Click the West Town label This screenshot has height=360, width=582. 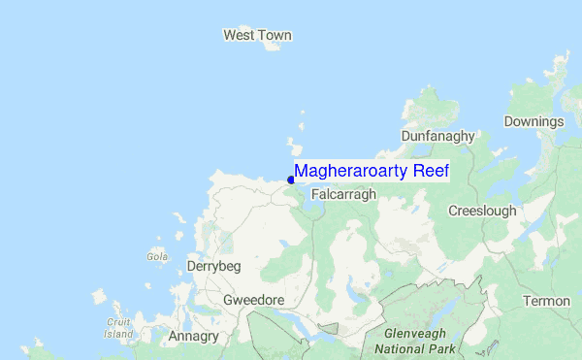pos(257,36)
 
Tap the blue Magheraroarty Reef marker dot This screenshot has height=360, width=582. pos(291,179)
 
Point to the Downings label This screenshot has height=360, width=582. pos(533,121)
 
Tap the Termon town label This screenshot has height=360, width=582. pos(546,301)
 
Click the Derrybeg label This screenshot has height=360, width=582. pos(213,266)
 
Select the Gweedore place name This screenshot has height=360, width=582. pos(253,300)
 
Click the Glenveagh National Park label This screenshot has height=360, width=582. pos(408,340)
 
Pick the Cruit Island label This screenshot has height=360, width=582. pos(119,328)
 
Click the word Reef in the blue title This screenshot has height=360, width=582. pos(432,171)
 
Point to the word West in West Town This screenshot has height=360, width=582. pos(239,36)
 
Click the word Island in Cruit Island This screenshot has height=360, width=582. pos(119,334)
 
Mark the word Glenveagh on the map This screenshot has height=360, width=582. pos(408,333)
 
